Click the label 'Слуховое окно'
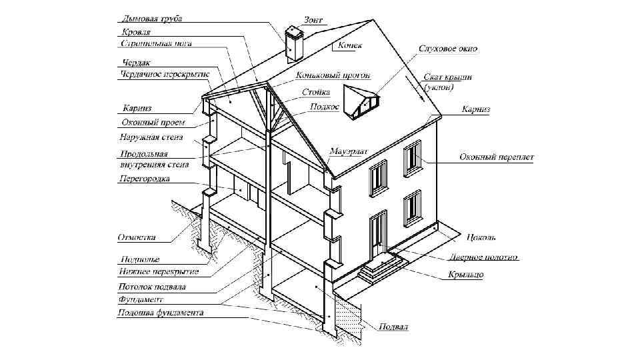tap(447, 49)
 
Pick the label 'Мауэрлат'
tap(348, 151)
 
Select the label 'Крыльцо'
tap(465, 274)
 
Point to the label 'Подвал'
tap(393, 327)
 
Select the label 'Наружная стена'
tap(148, 137)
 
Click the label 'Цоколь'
tap(481, 237)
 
